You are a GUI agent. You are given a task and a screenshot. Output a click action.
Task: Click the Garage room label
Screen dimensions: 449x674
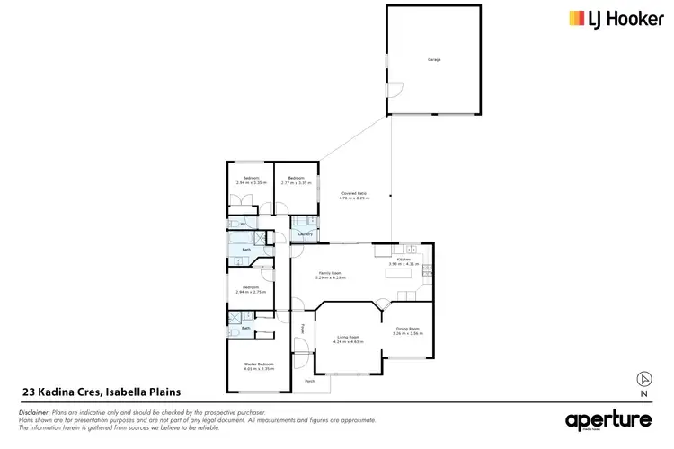click(x=434, y=60)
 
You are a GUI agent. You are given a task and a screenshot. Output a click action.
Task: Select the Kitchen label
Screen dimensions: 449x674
click(x=404, y=259)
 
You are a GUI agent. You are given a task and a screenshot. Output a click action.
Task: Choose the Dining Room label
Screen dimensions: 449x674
click(x=409, y=329)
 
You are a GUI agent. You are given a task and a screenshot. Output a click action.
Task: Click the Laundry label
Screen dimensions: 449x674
click(x=305, y=234)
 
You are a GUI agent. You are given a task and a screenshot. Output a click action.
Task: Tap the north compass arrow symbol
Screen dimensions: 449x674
click(x=643, y=379)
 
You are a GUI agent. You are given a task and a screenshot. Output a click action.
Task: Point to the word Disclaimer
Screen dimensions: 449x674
click(x=35, y=411)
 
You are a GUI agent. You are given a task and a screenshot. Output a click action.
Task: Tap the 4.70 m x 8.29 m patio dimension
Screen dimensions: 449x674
click(x=354, y=198)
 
